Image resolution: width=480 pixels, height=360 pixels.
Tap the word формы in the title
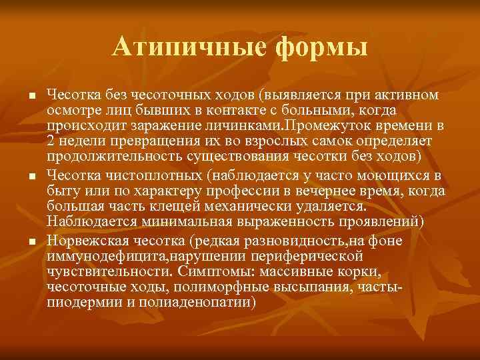click(312, 47)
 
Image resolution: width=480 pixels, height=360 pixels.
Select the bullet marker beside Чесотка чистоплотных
click(31, 176)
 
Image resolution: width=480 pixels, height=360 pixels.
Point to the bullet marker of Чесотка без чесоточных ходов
click(31, 96)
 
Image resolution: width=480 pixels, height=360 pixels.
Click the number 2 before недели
click(51, 141)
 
